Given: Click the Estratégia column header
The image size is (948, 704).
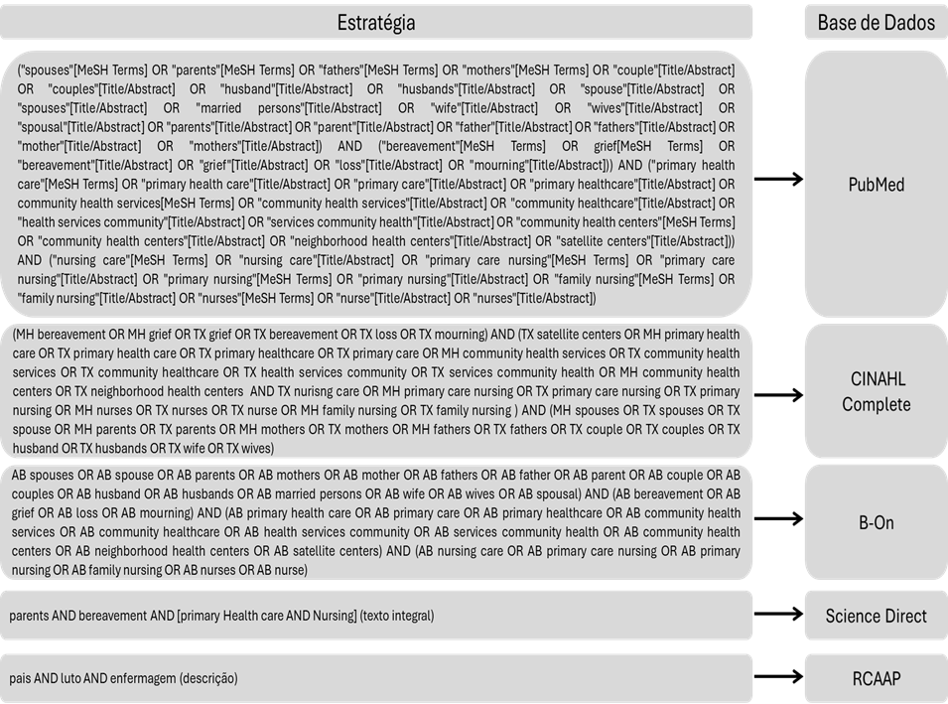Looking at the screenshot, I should (x=375, y=22).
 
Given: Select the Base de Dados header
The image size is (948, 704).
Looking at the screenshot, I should (x=876, y=22).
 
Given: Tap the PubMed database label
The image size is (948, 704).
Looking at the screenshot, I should (x=876, y=185).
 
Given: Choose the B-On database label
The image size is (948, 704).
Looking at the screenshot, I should (x=876, y=521).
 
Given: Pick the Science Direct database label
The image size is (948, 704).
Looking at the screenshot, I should (x=876, y=616).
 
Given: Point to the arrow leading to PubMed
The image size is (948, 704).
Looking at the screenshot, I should (x=777, y=179).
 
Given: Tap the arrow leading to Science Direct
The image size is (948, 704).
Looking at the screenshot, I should (x=777, y=616).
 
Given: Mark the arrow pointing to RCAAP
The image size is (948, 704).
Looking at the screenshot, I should (x=777, y=677).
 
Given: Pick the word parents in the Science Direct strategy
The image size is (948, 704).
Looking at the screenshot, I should (x=29, y=616).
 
